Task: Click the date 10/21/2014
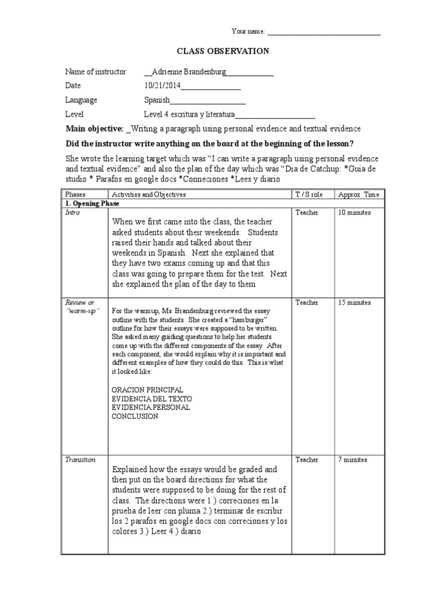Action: [x=163, y=86]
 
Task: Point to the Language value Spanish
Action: [x=157, y=100]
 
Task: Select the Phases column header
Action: [x=75, y=194]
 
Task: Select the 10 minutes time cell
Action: [x=355, y=213]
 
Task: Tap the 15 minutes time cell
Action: [x=355, y=302]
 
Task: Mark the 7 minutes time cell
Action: [x=353, y=459]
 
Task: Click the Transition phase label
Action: [x=80, y=459]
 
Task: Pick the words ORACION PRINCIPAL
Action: [x=147, y=389]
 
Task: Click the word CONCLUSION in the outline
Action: [x=135, y=416]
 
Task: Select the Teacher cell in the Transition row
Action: [x=307, y=459]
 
